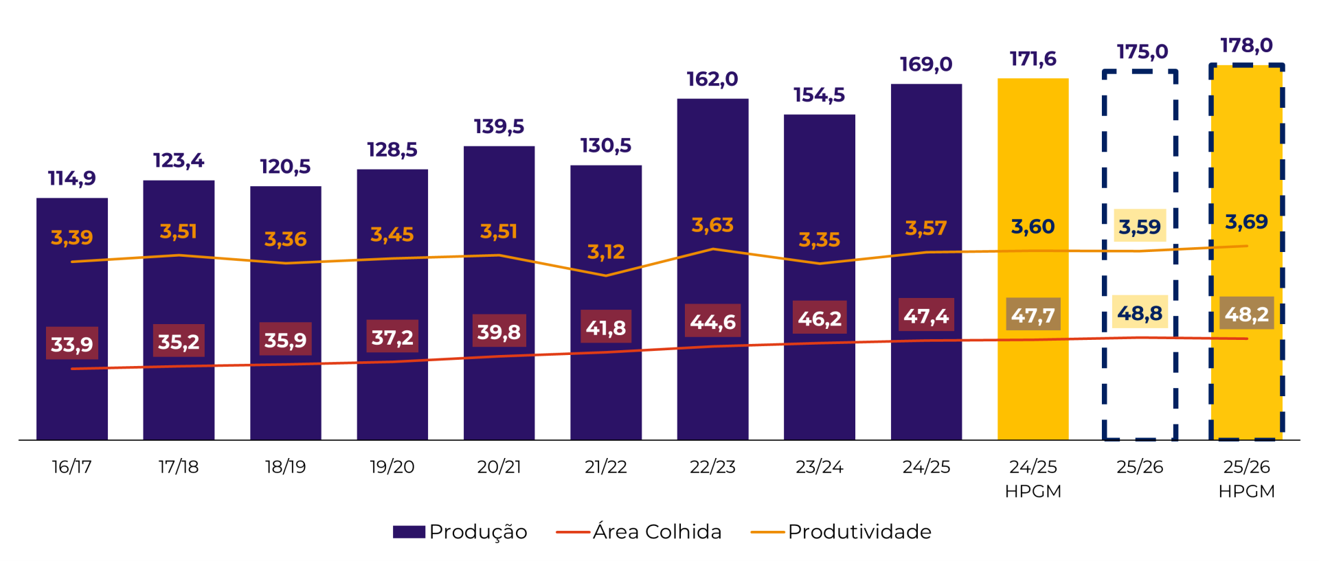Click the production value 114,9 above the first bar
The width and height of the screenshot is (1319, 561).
(x=71, y=179)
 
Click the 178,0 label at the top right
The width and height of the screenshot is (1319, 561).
(x=1246, y=46)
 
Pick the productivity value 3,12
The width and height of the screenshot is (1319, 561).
(x=605, y=252)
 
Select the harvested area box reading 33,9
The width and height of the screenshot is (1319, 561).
(x=71, y=343)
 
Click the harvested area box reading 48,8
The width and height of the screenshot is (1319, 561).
(x=1140, y=313)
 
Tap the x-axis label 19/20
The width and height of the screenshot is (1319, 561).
(x=392, y=467)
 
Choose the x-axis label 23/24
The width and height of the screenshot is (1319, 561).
(x=819, y=467)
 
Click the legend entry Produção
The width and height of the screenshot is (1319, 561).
(x=460, y=531)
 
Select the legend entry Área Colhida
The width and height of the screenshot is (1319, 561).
(x=639, y=531)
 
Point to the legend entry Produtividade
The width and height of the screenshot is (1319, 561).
(x=842, y=531)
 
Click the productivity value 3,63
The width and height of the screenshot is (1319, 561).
(x=712, y=225)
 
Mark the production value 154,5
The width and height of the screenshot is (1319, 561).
(x=819, y=95)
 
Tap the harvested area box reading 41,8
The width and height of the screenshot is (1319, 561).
(x=605, y=328)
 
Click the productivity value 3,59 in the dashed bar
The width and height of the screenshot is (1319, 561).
(x=1140, y=227)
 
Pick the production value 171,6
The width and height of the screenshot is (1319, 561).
(x=1033, y=59)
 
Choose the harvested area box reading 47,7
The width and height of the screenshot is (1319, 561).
(x=1033, y=315)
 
